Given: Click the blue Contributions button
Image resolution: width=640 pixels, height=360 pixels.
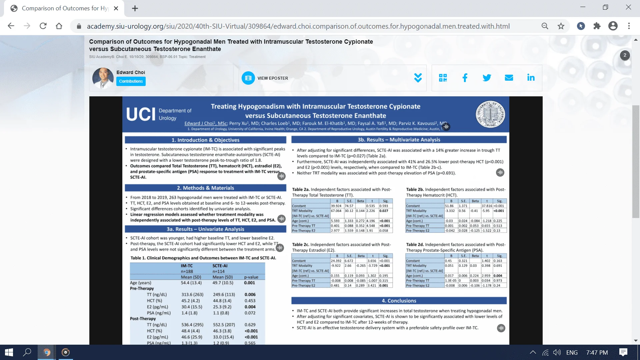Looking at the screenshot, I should point(131,81).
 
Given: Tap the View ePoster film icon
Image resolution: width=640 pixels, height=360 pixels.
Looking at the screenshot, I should point(248,78).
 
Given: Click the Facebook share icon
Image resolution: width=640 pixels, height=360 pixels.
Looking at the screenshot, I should point(465,78).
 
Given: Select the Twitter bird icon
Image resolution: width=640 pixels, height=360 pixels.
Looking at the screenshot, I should point(487,78).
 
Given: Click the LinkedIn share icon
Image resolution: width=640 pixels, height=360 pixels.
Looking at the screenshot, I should point(531,78).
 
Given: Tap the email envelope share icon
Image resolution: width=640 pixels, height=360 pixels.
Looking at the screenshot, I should point(509,78).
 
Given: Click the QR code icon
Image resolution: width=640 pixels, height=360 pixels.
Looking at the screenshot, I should point(443,78).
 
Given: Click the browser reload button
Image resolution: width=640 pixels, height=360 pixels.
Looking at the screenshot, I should point(43,26).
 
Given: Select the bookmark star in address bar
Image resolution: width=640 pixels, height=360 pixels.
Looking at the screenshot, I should point(561,26).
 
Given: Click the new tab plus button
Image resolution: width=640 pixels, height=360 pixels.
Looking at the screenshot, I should point(135,8).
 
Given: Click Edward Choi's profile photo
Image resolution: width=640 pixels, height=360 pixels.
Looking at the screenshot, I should point(103,78).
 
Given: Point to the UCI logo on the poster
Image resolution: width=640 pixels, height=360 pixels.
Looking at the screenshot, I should point(141,114).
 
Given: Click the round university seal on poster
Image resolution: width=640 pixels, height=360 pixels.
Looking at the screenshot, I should point(490,114).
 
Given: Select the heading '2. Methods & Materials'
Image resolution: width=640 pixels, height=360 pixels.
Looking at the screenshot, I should point(205,188).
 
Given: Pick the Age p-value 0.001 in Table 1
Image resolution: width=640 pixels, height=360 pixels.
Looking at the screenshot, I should point(249,283).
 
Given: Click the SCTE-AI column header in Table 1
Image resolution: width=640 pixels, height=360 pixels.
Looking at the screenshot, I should point(220,266).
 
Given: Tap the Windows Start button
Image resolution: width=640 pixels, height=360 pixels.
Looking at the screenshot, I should point(9,352).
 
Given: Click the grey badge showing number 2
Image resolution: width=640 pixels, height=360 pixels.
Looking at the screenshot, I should point(625,55).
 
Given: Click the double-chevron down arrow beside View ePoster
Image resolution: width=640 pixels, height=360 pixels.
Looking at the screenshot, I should point(418,78).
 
